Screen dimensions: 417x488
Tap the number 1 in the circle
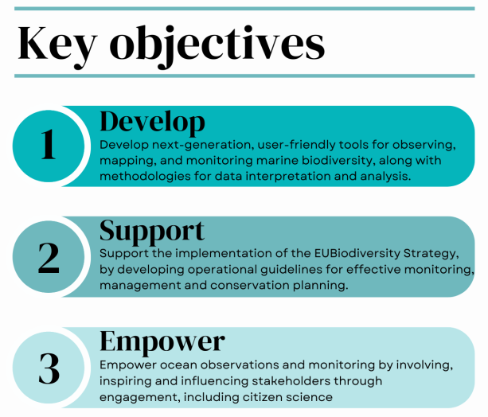pyautogui.click(x=48, y=146)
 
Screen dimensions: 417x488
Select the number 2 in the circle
pyautogui.click(x=49, y=256)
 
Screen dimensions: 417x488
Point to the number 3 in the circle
pyautogui.click(x=49, y=368)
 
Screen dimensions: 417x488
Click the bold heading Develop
pyautogui.click(x=152, y=122)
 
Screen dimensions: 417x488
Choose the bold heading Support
pyautogui.click(x=152, y=231)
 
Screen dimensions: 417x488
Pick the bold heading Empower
pyautogui.click(x=162, y=341)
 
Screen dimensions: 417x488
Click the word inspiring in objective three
pyautogui.click(x=126, y=380)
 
